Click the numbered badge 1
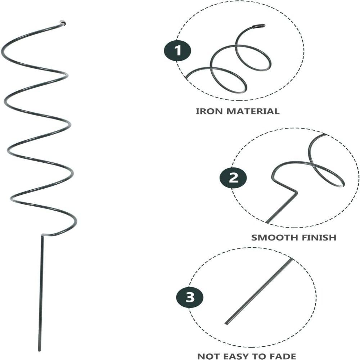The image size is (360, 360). pyautogui.click(x=177, y=50)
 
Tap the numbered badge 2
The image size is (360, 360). pyautogui.click(x=233, y=178)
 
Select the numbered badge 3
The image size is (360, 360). pyautogui.click(x=190, y=297)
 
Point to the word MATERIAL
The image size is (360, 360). pyautogui.click(x=253, y=111)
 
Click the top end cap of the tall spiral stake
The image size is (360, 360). pyautogui.click(x=62, y=23)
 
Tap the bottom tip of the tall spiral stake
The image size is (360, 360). pyautogui.click(x=40, y=350)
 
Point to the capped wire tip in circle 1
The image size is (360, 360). pyautogui.click(x=259, y=26)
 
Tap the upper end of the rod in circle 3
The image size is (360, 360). pyautogui.click(x=292, y=260)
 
